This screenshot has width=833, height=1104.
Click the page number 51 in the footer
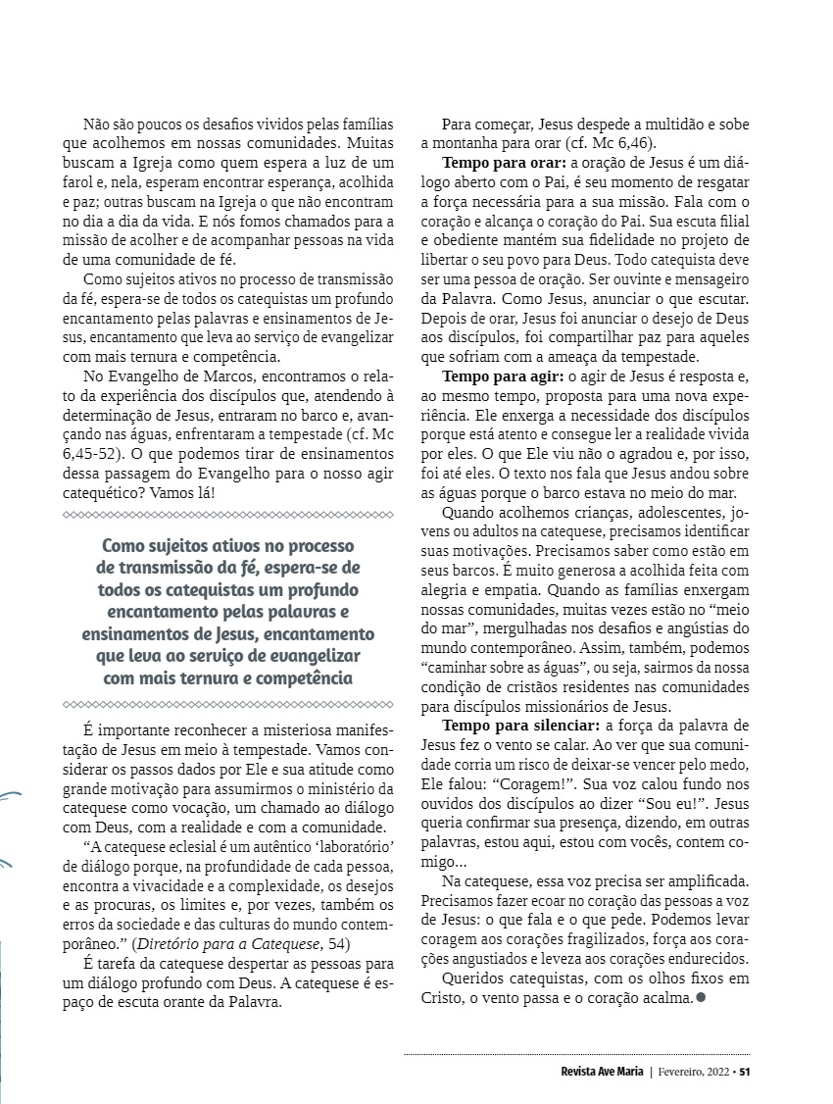tap(745, 1071)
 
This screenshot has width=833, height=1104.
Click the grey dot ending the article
tap(700, 998)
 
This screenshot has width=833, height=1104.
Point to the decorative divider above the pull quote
tap(226, 514)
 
